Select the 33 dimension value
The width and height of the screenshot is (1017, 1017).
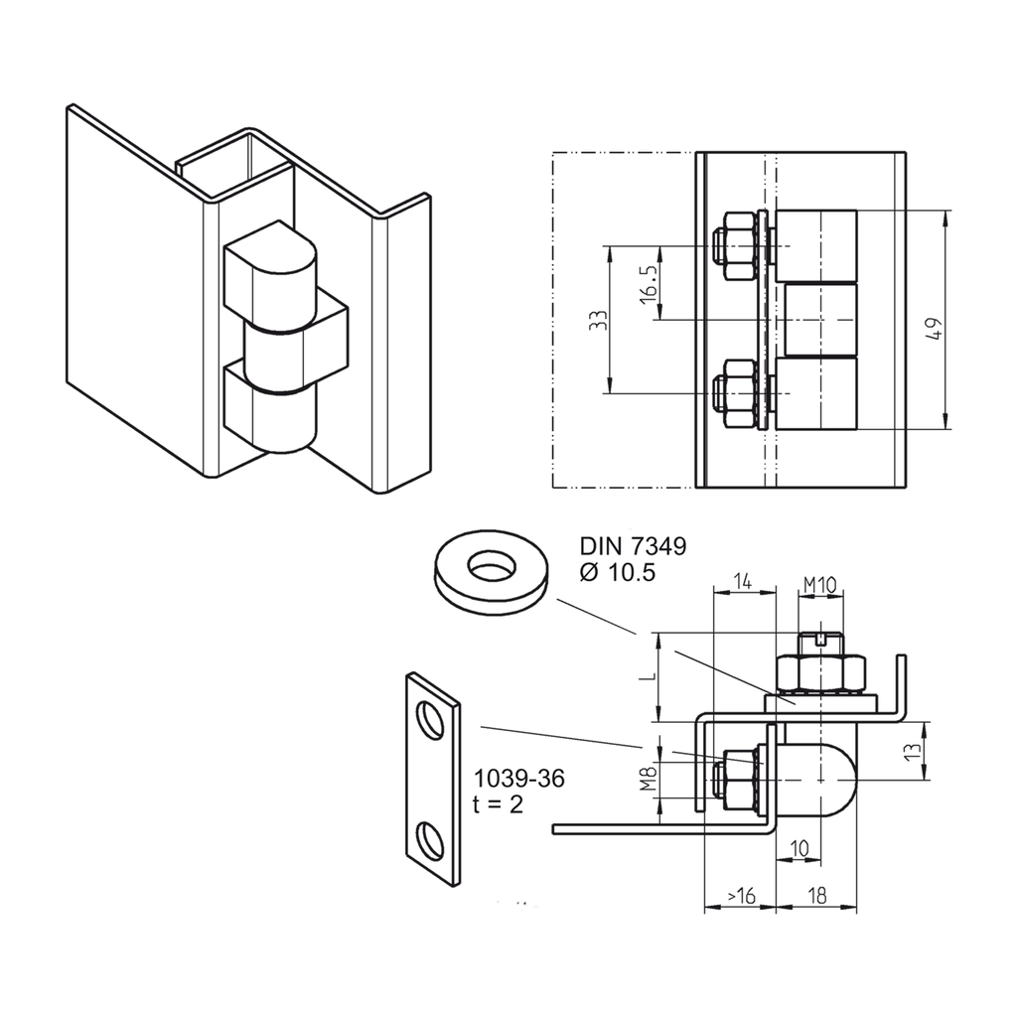click(596, 320)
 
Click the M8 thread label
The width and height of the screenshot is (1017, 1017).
click(648, 778)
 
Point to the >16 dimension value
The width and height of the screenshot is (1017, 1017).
click(740, 896)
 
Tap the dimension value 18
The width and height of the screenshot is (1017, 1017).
click(816, 896)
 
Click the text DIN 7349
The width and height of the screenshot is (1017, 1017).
click(632, 546)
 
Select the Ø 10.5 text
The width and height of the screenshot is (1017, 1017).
click(617, 572)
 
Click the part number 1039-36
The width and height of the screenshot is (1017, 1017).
click(518, 779)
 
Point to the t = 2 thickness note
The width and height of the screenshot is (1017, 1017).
click(499, 804)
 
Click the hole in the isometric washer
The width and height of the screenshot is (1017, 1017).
click(492, 567)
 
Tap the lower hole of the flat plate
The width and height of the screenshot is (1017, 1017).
click(432, 840)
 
